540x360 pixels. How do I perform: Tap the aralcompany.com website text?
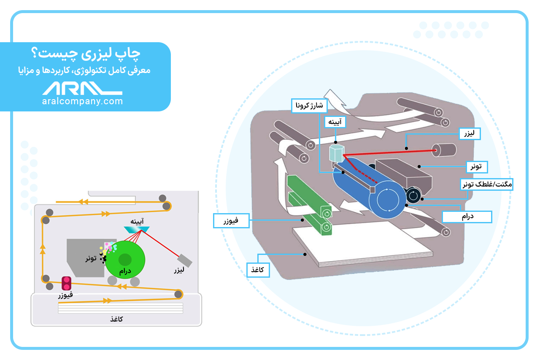click(83, 101)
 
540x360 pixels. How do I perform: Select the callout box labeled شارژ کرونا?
click(308, 105)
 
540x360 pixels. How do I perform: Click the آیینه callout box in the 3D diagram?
click(335, 122)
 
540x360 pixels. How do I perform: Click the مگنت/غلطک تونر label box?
click(486, 184)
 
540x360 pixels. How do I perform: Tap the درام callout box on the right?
click(467, 217)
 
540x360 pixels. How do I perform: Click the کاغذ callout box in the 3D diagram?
click(258, 270)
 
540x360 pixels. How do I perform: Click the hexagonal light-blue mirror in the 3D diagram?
click(337, 154)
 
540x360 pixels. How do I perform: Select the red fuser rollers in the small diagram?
click(66, 283)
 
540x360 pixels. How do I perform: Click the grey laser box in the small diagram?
click(185, 260)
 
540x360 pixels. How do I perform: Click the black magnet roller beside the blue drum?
click(413, 195)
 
